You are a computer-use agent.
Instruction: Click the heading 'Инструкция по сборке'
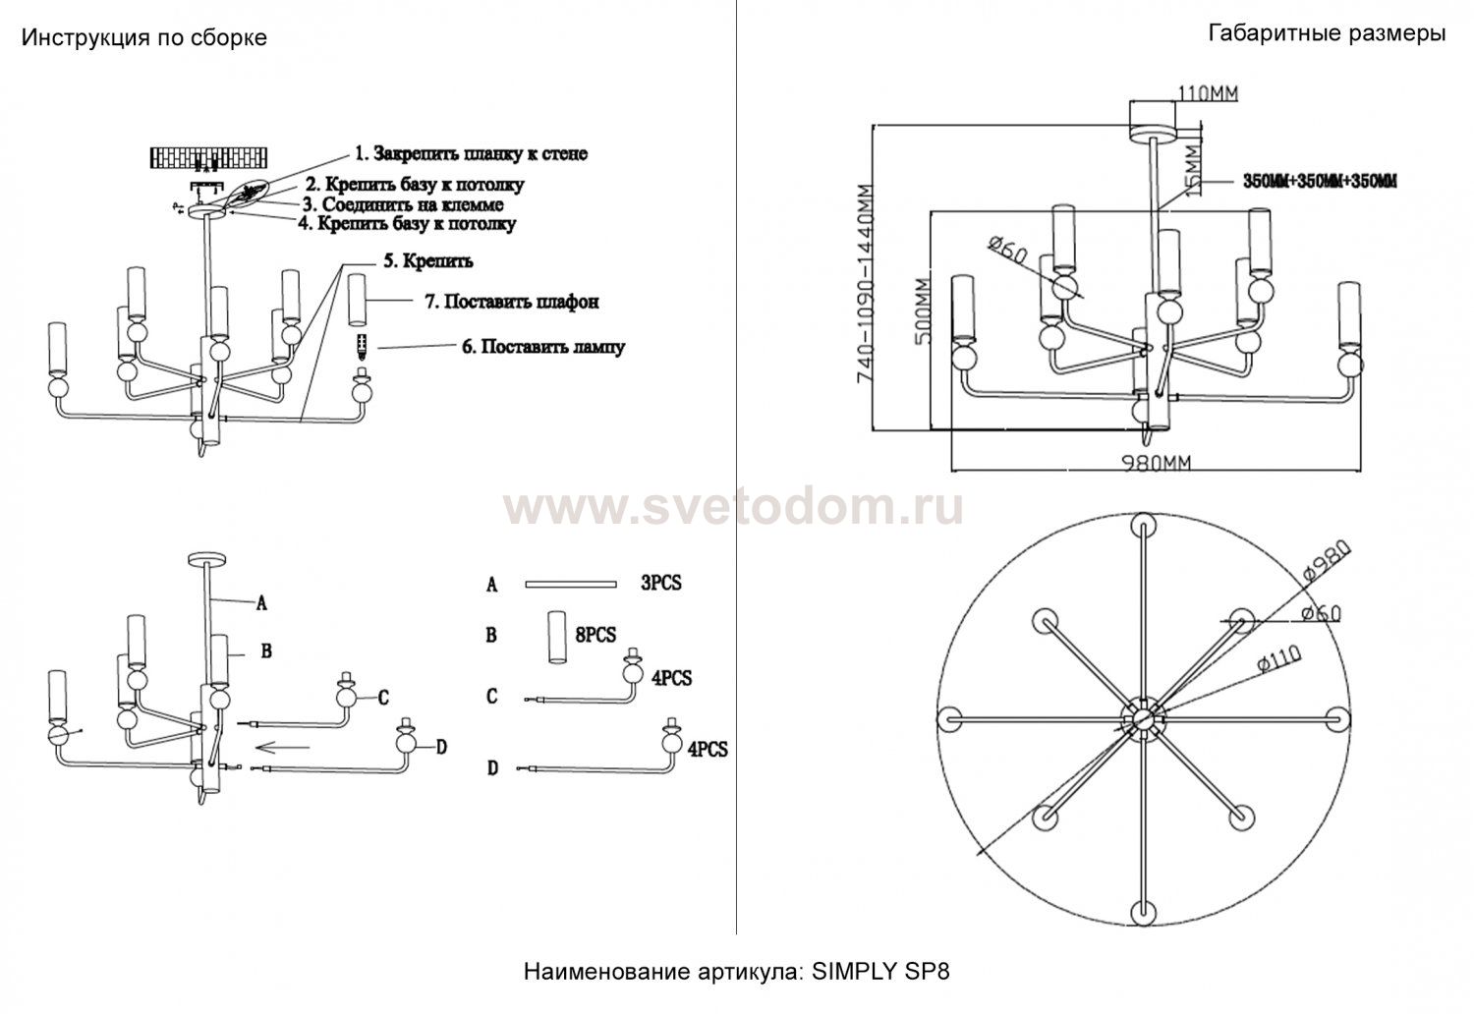click(x=143, y=38)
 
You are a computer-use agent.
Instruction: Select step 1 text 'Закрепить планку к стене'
click(x=472, y=153)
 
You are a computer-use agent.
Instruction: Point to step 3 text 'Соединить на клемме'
click(x=403, y=204)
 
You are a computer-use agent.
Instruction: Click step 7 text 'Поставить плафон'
click(x=511, y=302)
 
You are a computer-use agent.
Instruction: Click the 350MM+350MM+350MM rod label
click(x=1320, y=182)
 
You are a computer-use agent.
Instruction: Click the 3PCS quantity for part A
click(x=660, y=583)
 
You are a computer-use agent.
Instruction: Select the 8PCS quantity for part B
click(x=595, y=635)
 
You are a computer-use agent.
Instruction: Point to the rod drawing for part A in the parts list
click(x=569, y=585)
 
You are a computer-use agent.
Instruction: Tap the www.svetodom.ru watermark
click(x=733, y=508)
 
